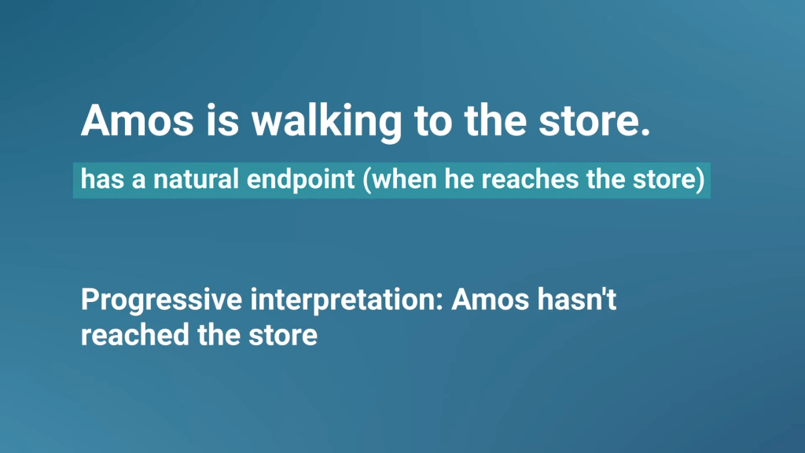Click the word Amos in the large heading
137,120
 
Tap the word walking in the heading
326,122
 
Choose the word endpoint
301,180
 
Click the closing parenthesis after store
701,180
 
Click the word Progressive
161,300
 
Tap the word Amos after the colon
491,300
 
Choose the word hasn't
576,300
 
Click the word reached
135,335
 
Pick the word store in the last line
283,336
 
